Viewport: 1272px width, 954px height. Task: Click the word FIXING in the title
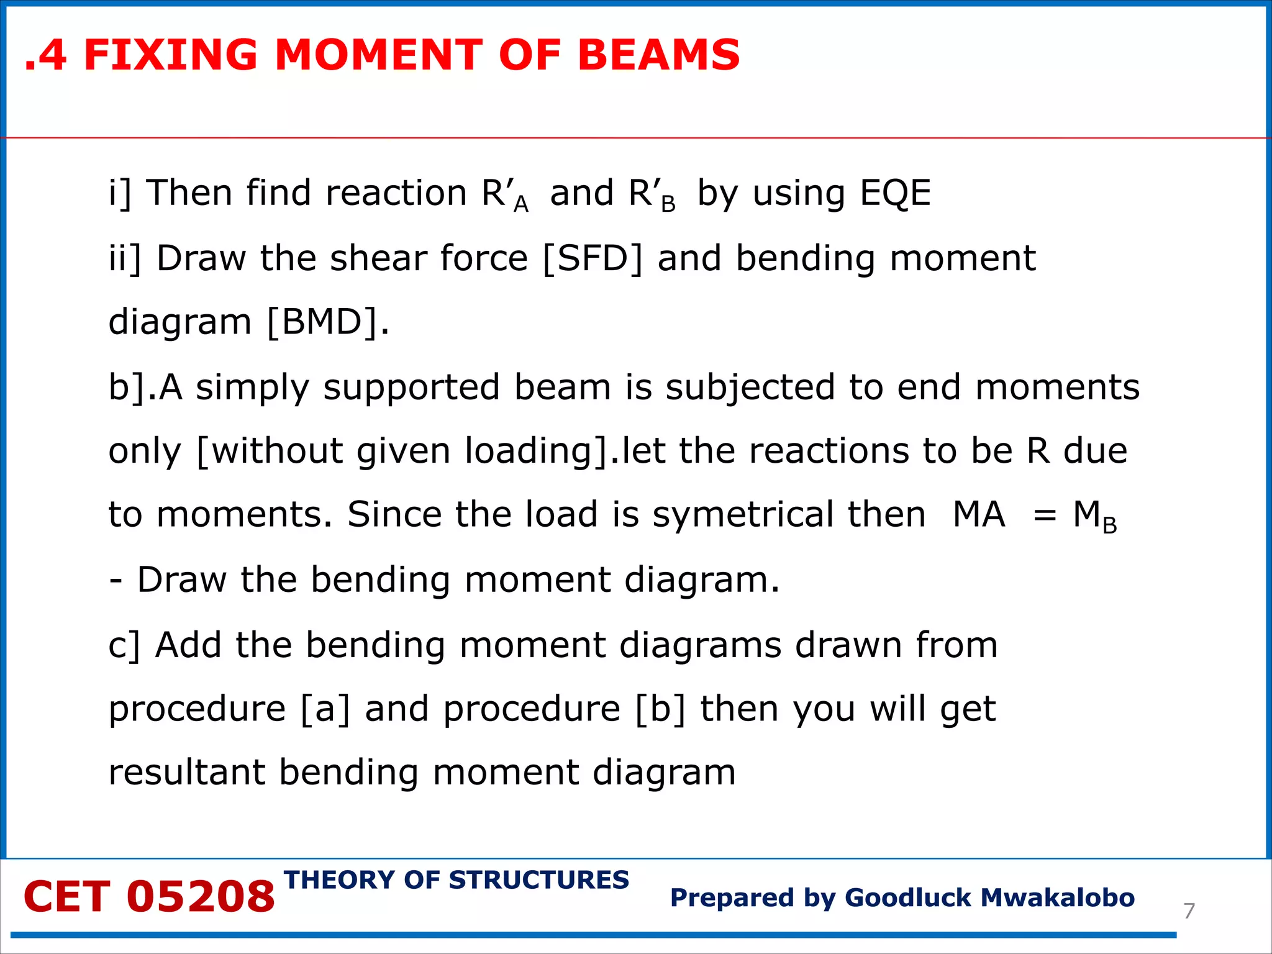pos(170,55)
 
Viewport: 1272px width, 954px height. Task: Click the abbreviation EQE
pos(895,193)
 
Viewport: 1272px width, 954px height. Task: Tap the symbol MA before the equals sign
pos(979,515)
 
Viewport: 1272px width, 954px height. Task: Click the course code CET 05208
pos(149,897)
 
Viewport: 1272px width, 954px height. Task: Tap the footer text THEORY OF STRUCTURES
pos(457,880)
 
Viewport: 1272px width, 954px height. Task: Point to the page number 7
pos(1189,911)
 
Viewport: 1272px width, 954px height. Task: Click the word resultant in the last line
pos(186,773)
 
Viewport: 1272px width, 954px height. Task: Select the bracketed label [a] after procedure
pos(325,709)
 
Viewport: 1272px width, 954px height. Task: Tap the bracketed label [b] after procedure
pos(661,709)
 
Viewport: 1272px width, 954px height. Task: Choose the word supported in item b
pos(412,388)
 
